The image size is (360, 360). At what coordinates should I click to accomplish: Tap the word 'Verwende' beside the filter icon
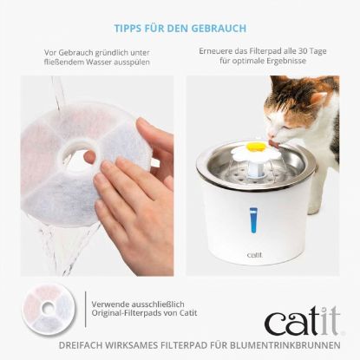pyautogui.click(x=109, y=304)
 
